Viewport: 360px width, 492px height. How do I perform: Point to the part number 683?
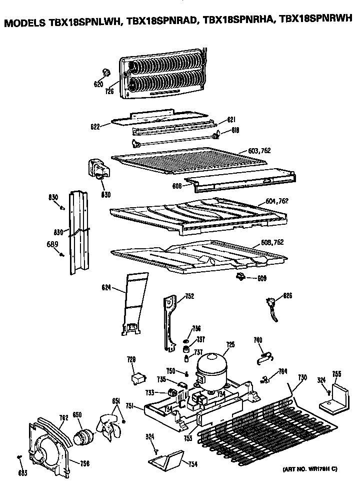[22, 472]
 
